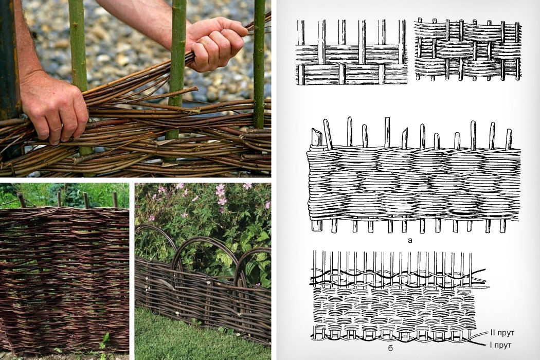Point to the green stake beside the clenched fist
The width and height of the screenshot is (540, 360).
(x=177, y=69)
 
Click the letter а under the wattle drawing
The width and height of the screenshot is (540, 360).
(x=410, y=241)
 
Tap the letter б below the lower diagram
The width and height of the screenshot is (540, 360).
(x=390, y=348)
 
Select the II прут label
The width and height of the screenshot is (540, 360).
(x=502, y=333)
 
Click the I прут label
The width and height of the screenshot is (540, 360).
(x=501, y=345)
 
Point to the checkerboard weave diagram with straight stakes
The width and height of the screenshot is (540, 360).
(x=352, y=52)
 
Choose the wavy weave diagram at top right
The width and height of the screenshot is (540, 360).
(x=468, y=49)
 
